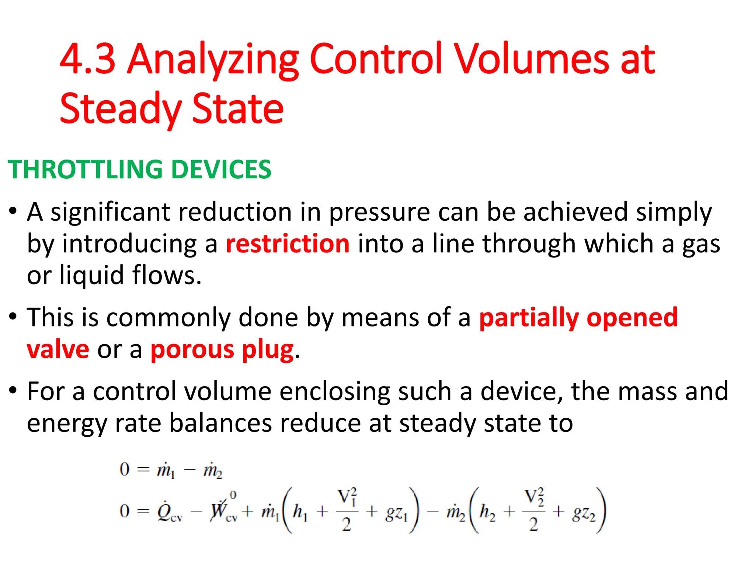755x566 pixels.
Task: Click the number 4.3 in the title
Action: [88, 59]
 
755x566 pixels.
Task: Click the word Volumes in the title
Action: [531, 59]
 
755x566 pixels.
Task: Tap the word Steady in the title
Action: [120, 109]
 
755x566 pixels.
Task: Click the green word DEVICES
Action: [222, 170]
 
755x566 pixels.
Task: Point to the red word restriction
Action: [288, 244]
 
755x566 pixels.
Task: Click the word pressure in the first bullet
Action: [379, 213]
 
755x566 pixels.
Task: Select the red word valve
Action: [58, 349]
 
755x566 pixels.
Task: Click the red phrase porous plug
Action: [222, 350]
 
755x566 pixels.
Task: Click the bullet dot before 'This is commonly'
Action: [13, 317]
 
